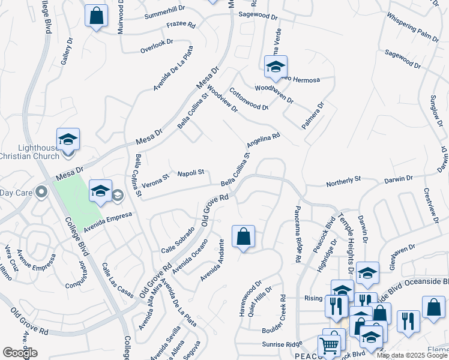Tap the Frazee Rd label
tap(181, 25)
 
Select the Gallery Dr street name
tap(66, 52)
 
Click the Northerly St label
tap(343, 179)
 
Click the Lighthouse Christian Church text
tap(30, 152)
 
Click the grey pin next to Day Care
tap(41, 192)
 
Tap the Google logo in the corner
tap(20, 353)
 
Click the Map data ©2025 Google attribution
tap(412, 355)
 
